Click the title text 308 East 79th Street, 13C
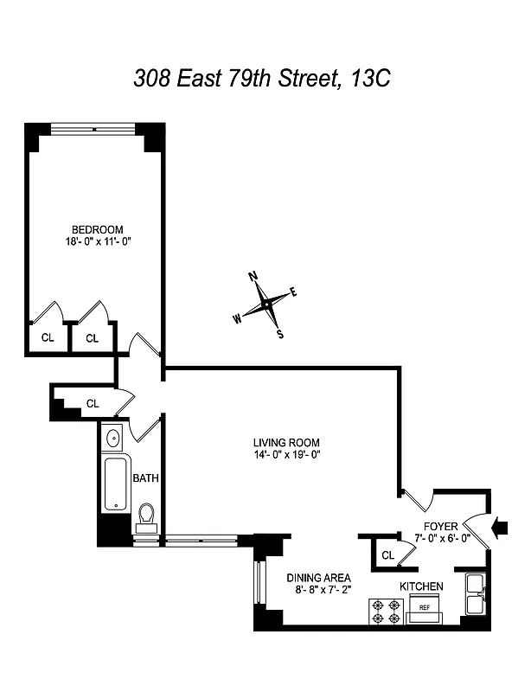(263, 79)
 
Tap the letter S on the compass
(279, 334)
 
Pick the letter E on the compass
(293, 292)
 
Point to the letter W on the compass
(236, 317)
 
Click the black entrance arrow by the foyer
(501, 525)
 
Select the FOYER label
(439, 526)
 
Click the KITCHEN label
(421, 586)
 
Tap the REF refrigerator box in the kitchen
(425, 608)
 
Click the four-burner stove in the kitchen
(384, 611)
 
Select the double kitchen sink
(475, 594)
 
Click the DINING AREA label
(318, 578)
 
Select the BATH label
(145, 477)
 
